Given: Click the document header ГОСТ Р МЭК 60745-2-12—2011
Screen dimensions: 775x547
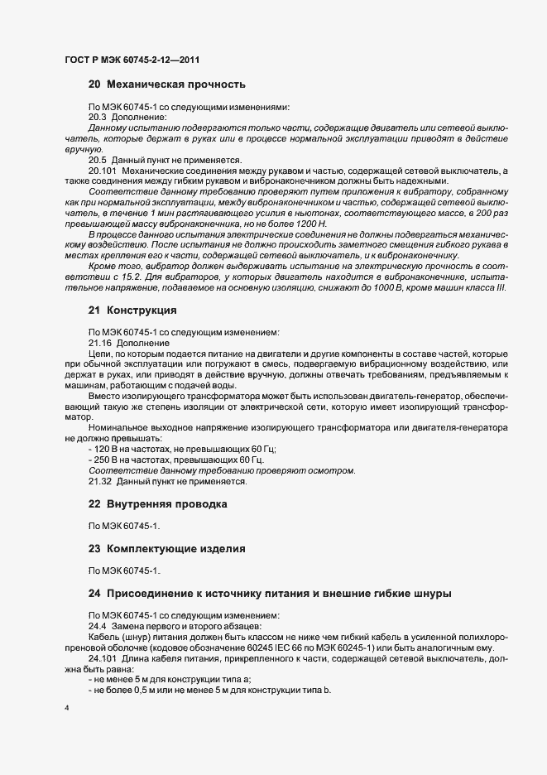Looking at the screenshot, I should click(131, 60).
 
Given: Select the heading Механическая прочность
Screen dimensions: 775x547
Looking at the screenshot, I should click(174, 84).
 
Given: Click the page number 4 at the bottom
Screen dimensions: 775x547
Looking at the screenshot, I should click(66, 708).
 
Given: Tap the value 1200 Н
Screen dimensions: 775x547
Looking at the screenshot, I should click(311, 224).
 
